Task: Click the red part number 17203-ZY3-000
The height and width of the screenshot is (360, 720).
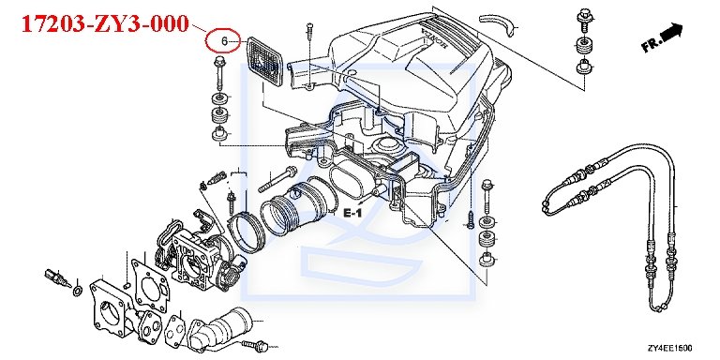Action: pyautogui.click(x=105, y=23)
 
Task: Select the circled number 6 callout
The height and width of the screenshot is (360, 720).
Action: pyautogui.click(x=223, y=41)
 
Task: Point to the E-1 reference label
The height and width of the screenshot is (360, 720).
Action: pyautogui.click(x=352, y=213)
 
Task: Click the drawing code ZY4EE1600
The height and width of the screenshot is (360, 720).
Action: pyautogui.click(x=670, y=348)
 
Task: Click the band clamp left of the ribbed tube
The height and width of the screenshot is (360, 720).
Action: pyautogui.click(x=247, y=231)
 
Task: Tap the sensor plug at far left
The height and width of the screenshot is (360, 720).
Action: pyautogui.click(x=55, y=277)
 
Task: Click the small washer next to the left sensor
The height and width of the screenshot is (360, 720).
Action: pyautogui.click(x=78, y=291)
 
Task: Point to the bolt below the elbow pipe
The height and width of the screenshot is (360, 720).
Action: pyautogui.click(x=254, y=344)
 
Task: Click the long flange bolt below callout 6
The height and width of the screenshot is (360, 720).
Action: pyautogui.click(x=218, y=72)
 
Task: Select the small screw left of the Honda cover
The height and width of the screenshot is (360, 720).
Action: pyautogui.click(x=309, y=33)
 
